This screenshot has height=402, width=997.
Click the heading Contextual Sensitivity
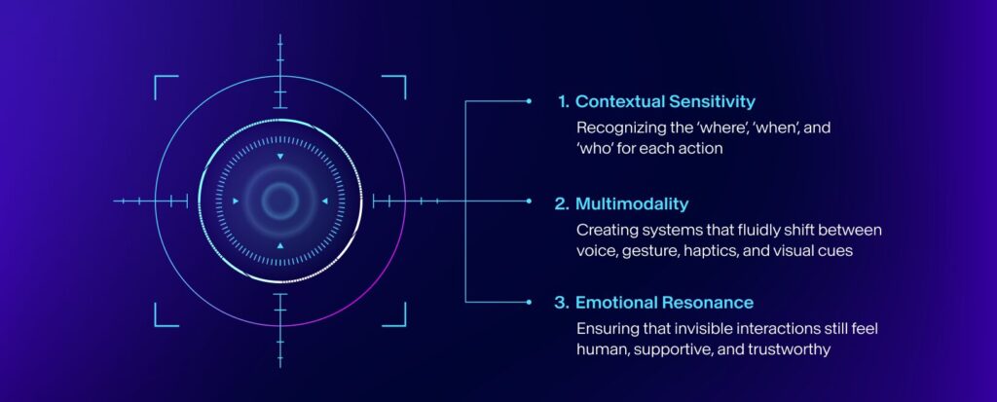pos(665,101)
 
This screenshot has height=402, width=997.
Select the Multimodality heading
pos(632,203)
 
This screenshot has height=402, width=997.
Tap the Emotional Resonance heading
pos(664,303)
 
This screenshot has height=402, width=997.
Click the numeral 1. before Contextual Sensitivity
pos(563,101)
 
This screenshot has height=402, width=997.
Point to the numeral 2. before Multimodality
pos(562,203)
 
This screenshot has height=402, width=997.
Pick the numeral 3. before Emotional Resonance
pos(562,303)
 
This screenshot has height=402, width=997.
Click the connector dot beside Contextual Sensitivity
pos(529,100)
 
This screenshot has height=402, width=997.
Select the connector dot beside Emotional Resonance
pos(529,302)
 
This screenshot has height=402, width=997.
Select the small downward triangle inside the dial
pos(279,157)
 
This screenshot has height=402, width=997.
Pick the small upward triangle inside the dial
pos(279,245)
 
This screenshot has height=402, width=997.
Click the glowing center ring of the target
pos(279,201)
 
